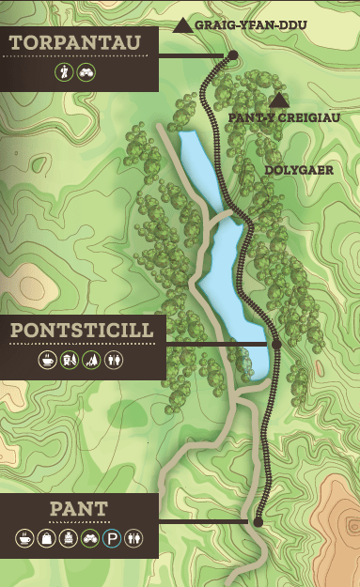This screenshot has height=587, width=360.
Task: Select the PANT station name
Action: pos(78,510)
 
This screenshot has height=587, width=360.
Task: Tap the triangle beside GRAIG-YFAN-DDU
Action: pos(183,24)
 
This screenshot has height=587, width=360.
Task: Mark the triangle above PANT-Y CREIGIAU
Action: pos(278,100)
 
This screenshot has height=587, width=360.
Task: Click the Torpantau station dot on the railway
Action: pos(232,55)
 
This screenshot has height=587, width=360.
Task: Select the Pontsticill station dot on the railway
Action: pos(276,345)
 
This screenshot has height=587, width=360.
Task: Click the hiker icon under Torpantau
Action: pos(65,71)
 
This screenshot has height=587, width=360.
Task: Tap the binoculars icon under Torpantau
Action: pos(86,71)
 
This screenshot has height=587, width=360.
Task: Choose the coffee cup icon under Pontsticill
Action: pos(46,360)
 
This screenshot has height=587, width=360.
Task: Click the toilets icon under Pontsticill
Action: pos(114,360)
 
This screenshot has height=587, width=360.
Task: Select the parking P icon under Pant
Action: pos(110,538)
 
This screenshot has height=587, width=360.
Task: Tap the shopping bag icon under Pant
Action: pos(46,538)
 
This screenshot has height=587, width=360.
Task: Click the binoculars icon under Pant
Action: pos(88,538)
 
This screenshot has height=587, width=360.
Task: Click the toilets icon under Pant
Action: pos(133,538)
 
